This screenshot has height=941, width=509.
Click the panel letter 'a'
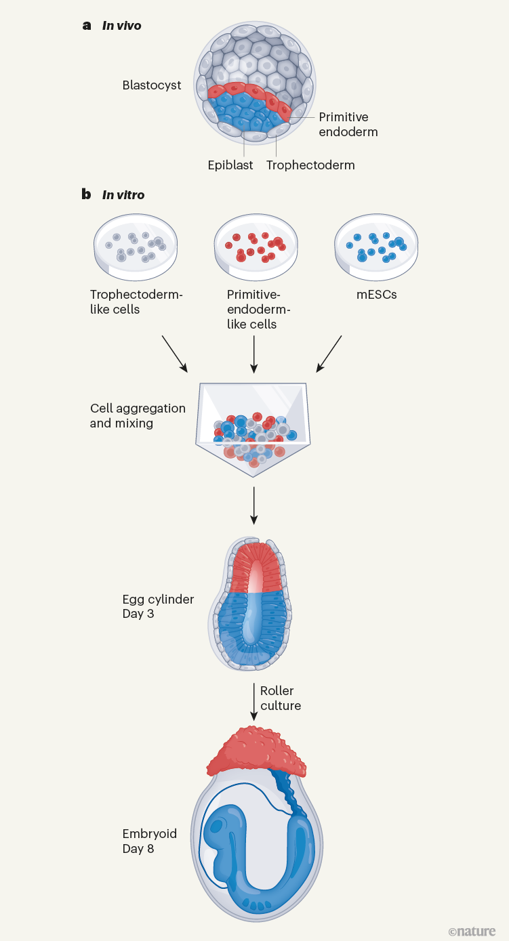point(86,26)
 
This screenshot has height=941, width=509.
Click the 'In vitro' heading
point(123,195)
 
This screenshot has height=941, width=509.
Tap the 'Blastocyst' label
point(152,85)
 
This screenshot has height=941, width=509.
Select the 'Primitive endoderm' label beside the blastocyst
point(348,125)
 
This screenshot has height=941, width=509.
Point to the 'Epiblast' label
point(230,165)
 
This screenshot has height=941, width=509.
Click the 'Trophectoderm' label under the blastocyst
point(310,165)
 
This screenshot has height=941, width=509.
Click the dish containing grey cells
point(136,246)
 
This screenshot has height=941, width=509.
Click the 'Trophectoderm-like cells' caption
point(136,302)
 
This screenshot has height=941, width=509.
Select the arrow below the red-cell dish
point(254,354)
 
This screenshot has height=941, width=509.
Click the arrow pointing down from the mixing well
point(254,505)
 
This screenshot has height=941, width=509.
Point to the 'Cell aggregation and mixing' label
point(138,416)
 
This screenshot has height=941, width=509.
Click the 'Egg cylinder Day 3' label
point(158,606)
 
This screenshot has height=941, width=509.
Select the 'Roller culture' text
point(281,698)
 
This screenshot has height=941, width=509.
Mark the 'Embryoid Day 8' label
point(148,841)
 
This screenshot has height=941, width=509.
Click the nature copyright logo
point(472,932)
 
